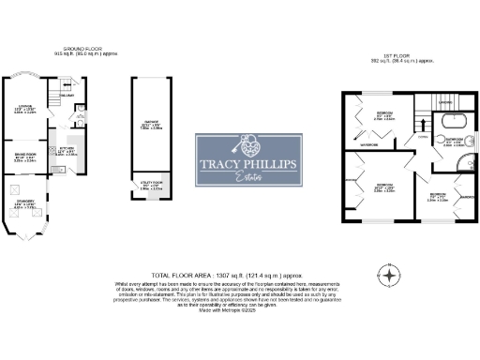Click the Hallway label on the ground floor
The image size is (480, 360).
click(x=67, y=96)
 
